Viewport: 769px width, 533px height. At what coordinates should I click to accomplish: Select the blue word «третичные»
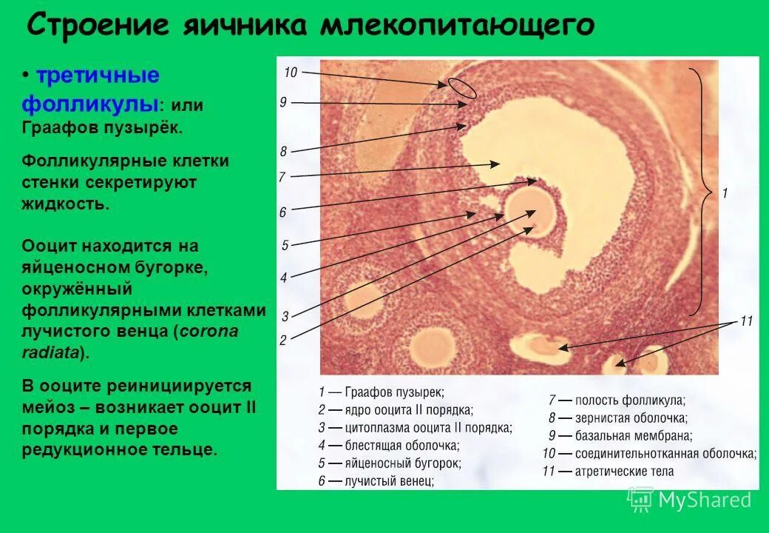tap(98, 76)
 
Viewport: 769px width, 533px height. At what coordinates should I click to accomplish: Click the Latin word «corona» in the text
tap(208, 331)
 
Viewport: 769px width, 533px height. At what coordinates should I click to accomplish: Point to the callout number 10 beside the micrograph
tap(290, 72)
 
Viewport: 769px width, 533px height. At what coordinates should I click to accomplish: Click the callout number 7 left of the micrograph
tap(282, 177)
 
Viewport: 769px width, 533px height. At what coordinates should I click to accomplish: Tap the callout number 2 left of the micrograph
tap(282, 341)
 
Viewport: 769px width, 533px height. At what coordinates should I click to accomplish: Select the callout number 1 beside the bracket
tap(725, 193)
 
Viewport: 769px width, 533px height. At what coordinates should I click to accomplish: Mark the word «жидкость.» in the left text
tap(65, 204)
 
